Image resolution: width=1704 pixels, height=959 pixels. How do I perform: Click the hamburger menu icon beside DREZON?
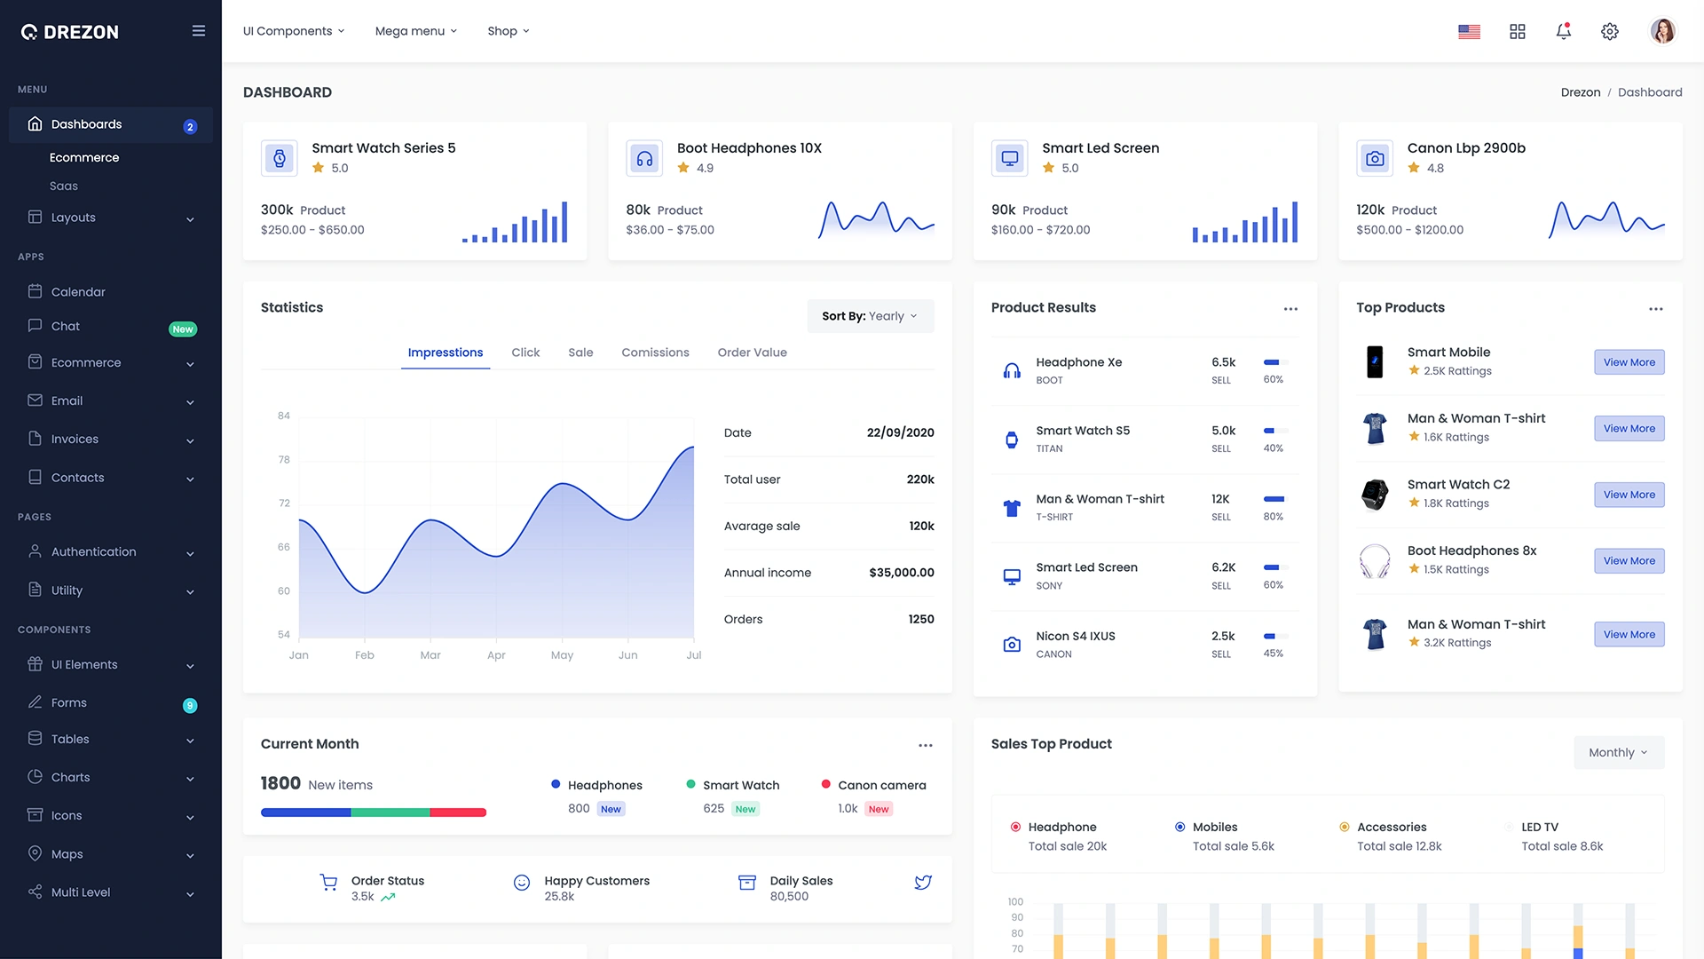(x=199, y=31)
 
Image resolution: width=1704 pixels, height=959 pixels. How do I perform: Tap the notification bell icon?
(x=1563, y=31)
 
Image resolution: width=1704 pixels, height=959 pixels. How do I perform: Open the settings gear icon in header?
(x=1609, y=31)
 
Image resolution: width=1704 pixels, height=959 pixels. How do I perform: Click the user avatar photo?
(x=1662, y=31)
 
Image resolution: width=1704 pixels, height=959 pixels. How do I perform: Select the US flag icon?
(x=1469, y=32)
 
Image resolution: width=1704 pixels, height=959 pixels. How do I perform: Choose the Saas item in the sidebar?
(x=64, y=186)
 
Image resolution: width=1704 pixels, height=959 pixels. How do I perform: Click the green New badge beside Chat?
(x=183, y=329)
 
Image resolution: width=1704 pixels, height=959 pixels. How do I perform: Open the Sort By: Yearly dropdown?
(x=870, y=316)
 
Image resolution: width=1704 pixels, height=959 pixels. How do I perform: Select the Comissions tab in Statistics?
(x=655, y=353)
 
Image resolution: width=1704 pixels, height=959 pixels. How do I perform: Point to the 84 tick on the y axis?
(x=284, y=416)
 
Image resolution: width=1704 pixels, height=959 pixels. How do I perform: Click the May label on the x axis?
(x=562, y=655)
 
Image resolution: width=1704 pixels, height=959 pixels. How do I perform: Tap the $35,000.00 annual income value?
(x=901, y=573)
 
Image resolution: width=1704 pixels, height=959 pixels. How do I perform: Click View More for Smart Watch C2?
(x=1629, y=495)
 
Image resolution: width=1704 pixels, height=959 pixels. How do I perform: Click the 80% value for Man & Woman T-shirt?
(x=1273, y=517)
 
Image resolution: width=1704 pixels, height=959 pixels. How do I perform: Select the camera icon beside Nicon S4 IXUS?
(x=1012, y=645)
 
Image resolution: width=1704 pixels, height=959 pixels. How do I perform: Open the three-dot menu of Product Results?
(x=1290, y=309)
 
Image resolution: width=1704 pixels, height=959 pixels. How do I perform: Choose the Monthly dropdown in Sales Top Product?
(x=1618, y=753)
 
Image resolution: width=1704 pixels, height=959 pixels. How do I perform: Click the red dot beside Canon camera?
(x=826, y=784)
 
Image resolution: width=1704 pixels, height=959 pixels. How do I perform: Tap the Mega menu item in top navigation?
(x=415, y=31)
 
